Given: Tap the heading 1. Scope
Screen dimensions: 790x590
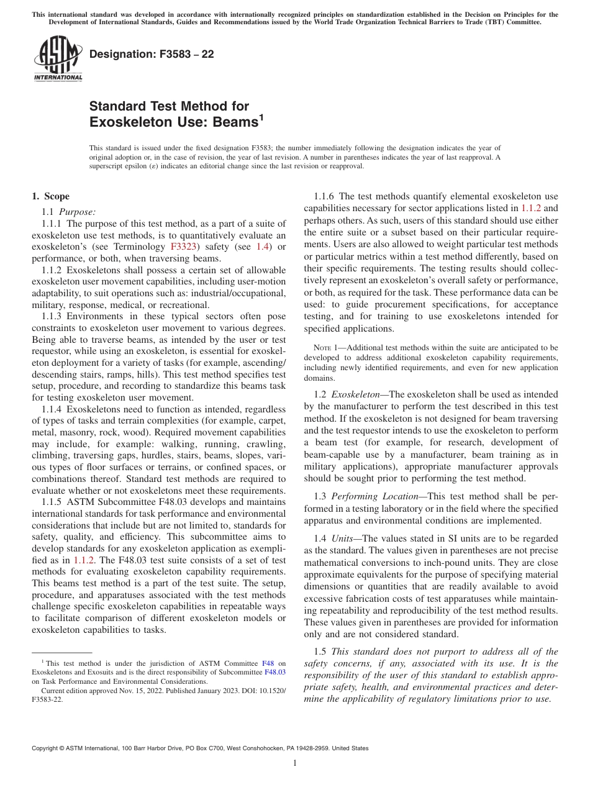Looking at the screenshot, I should click(x=50, y=196).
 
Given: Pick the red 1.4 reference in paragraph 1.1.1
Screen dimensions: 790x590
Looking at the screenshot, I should click(x=263, y=247).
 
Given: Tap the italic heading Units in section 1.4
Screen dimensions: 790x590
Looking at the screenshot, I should click(x=343, y=538).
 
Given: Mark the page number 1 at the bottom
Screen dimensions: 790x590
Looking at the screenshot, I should click(x=295, y=763).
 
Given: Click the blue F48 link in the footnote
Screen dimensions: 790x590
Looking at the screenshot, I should click(x=268, y=663).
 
